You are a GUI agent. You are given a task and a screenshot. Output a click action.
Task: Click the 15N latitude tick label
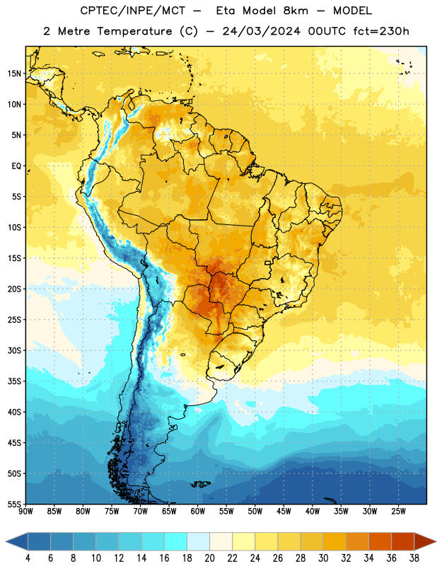[x=14, y=74]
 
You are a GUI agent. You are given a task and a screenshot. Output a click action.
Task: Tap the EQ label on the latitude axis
[x=16, y=166]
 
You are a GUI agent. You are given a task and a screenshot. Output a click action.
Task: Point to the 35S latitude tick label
[x=14, y=381]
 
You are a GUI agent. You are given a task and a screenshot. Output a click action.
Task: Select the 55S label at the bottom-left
[x=14, y=504]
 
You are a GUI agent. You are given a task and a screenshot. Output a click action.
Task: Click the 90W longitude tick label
[x=25, y=511]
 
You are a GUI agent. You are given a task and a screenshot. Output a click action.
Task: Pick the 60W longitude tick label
[x=198, y=511]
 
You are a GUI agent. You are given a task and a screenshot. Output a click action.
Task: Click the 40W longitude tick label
[x=313, y=511]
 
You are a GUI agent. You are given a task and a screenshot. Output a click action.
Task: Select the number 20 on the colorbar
[x=209, y=558]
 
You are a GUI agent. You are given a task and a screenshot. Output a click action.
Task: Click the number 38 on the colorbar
[x=414, y=558]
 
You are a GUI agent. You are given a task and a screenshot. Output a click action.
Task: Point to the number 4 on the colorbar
[x=28, y=558]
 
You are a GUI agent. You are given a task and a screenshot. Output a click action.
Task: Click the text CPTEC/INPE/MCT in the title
[x=132, y=11]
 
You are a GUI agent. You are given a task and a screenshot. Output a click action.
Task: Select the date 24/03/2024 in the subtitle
[x=261, y=31]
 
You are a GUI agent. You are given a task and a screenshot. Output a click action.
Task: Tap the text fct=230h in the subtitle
[x=381, y=31]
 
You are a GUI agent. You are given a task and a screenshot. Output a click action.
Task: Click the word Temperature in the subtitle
[x=134, y=31]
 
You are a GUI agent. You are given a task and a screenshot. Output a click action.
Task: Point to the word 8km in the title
[x=296, y=11]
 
